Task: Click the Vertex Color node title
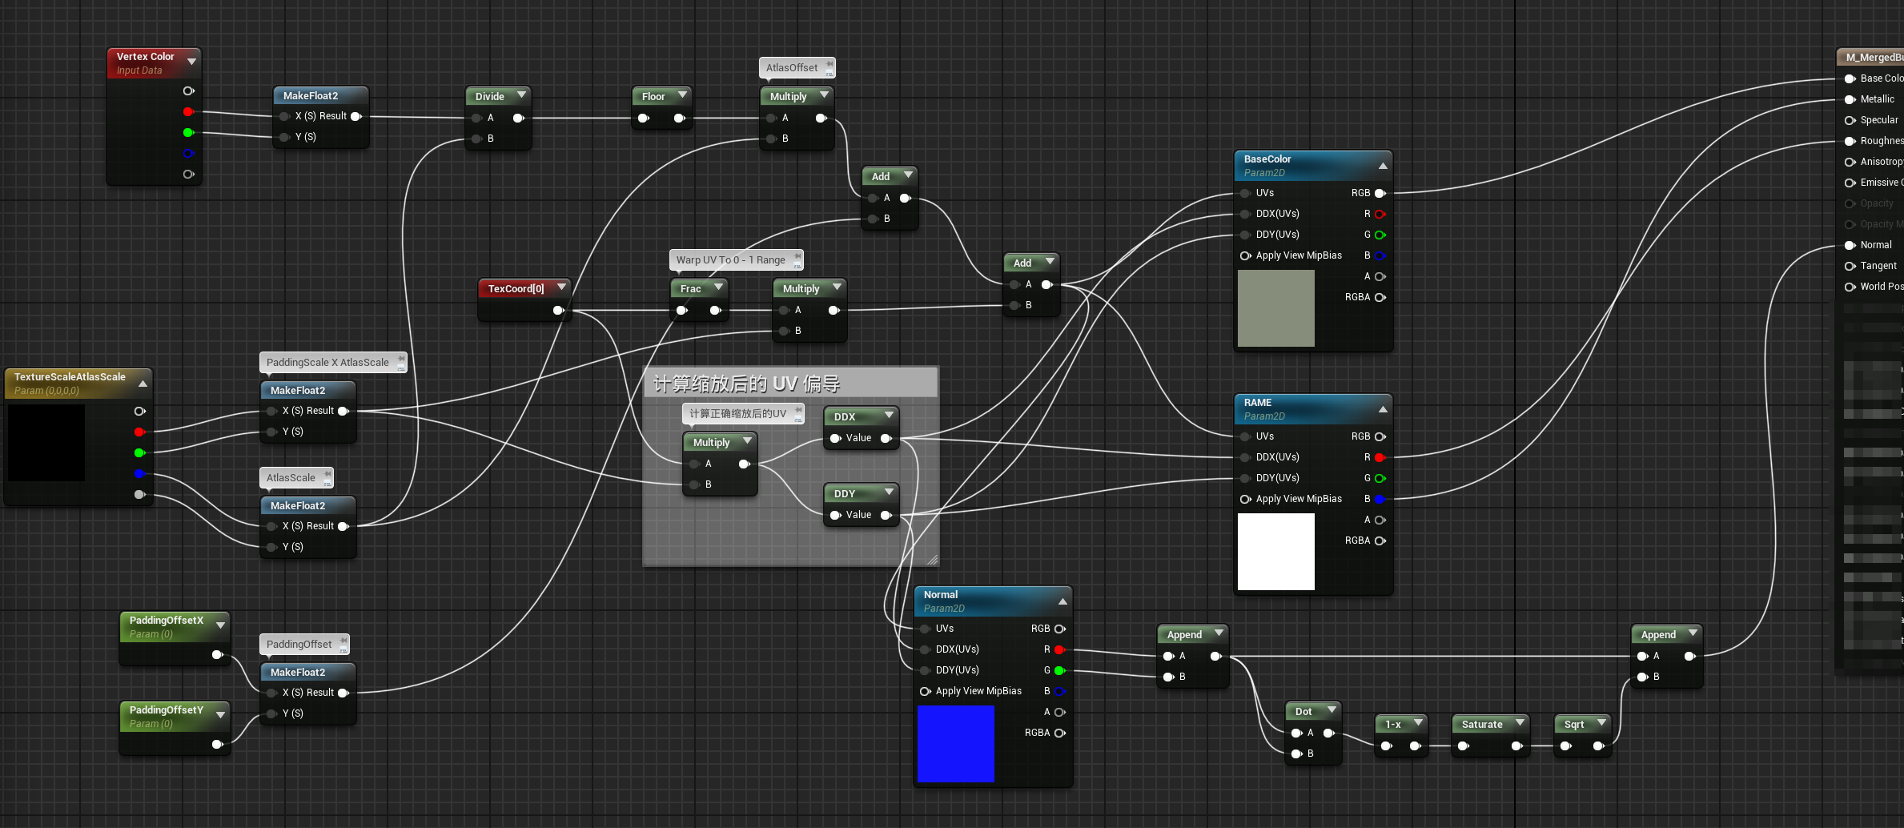145,57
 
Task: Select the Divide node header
489,96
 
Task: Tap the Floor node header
653,96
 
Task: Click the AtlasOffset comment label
791,68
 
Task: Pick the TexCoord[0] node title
516,288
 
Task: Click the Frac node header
690,288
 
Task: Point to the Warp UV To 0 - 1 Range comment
730,260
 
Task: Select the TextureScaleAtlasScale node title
70,377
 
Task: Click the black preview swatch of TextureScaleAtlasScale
46,442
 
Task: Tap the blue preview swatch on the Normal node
955,743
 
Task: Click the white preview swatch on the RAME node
1275,551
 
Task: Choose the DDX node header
845,416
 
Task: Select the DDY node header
845,493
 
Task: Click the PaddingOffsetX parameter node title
167,621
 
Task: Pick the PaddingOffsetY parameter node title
167,710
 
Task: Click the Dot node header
1303,711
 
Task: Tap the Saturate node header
1482,724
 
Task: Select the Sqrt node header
1574,724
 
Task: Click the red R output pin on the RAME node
1380,457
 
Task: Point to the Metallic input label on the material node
1877,99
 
